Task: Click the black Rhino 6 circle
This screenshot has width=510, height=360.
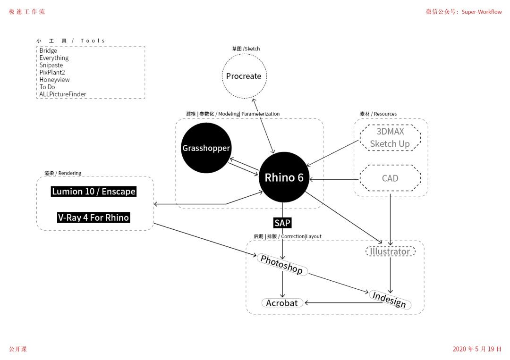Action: pos(284,177)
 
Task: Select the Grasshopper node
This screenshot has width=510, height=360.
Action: pos(206,148)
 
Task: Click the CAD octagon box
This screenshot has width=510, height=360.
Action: pos(390,178)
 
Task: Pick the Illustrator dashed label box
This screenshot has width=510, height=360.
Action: pos(391,251)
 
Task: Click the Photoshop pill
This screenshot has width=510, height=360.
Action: pos(282,265)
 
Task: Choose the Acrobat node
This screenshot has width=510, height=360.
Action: pos(282,303)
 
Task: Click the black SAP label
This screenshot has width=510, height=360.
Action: pos(282,223)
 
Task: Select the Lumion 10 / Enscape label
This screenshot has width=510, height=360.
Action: pos(93,192)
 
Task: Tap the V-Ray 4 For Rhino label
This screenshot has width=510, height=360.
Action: pos(93,218)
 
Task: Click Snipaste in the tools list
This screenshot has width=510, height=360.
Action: pos(51,65)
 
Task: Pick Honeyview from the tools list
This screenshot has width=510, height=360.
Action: pos(54,80)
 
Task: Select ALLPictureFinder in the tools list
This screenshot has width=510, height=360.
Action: pos(63,94)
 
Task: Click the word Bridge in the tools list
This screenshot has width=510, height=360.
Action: pos(48,50)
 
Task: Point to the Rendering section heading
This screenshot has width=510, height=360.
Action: pos(63,173)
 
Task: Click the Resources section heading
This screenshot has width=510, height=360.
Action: pos(378,114)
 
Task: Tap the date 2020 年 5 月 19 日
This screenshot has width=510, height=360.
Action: pos(477,349)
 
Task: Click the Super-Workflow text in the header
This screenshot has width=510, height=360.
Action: pos(482,12)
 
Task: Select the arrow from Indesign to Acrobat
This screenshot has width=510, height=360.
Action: pos(343,303)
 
